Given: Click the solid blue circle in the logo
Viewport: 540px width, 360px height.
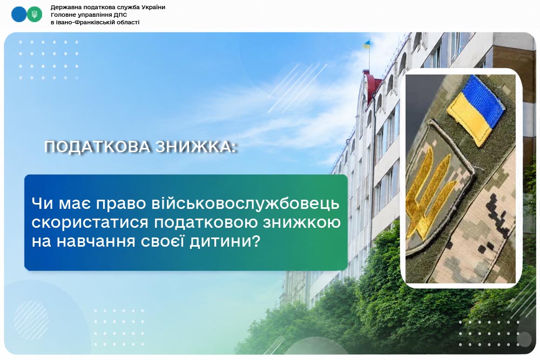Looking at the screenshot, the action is [18, 15].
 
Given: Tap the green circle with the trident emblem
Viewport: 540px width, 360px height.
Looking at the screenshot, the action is [35, 15].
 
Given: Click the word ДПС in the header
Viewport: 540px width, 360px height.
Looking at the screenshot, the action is [120, 15].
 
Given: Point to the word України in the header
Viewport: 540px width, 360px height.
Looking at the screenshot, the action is [153, 7].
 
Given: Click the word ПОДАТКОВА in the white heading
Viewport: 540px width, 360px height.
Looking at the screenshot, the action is [97, 147].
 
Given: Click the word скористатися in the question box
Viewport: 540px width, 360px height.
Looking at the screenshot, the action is [90, 222].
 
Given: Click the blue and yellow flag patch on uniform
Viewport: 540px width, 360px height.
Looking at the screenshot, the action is [477, 110].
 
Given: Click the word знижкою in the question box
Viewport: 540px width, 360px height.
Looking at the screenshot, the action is [302, 222].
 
